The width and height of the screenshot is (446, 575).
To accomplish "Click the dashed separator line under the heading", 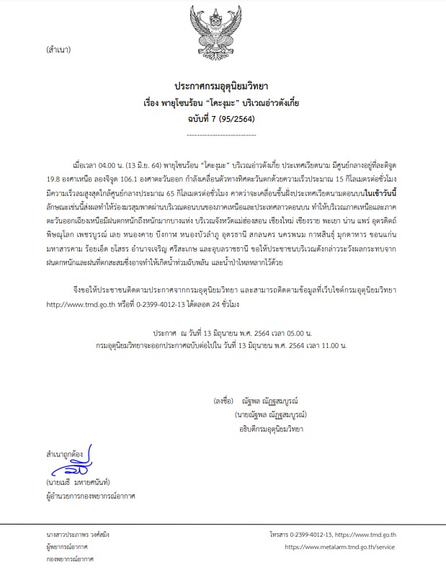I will point(222,134).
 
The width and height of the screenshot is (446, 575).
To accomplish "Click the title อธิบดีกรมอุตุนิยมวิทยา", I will point(260,429).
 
